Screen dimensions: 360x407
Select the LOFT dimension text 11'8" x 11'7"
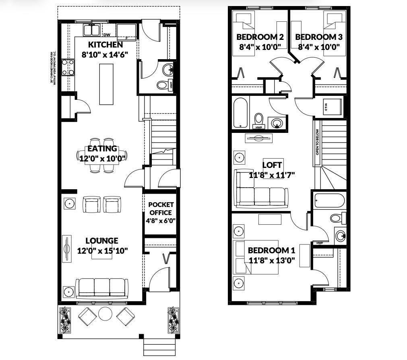(x=273, y=175)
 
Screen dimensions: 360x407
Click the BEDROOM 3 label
(x=319, y=37)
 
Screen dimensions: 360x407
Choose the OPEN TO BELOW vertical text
(x=317, y=142)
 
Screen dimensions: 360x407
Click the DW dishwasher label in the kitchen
(x=107, y=35)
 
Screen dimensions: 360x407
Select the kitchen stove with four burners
(x=68, y=67)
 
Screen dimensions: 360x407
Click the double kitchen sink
(x=92, y=30)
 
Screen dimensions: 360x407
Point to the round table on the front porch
(x=105, y=314)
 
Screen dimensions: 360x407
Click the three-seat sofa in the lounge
(x=102, y=287)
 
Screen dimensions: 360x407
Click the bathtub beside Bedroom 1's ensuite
(x=329, y=200)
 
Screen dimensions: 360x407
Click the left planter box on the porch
(x=65, y=319)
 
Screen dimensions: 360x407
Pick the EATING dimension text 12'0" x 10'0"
(x=102, y=158)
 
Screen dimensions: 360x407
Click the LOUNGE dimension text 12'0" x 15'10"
(x=102, y=250)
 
